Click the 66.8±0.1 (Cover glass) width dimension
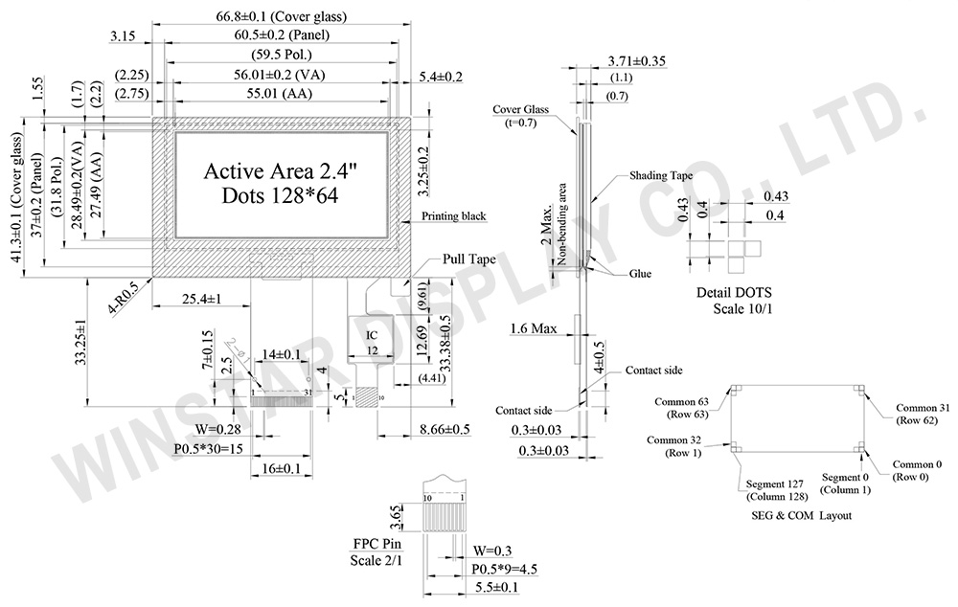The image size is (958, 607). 282,16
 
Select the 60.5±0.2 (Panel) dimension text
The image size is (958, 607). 281,36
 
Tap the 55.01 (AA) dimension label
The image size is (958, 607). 281,94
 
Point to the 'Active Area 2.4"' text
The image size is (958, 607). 281,172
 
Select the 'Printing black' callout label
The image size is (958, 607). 454,217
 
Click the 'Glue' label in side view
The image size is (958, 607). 640,274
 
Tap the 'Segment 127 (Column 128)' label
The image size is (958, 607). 776,489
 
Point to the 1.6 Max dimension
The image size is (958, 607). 533,329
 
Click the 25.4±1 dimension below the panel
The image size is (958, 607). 202,300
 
